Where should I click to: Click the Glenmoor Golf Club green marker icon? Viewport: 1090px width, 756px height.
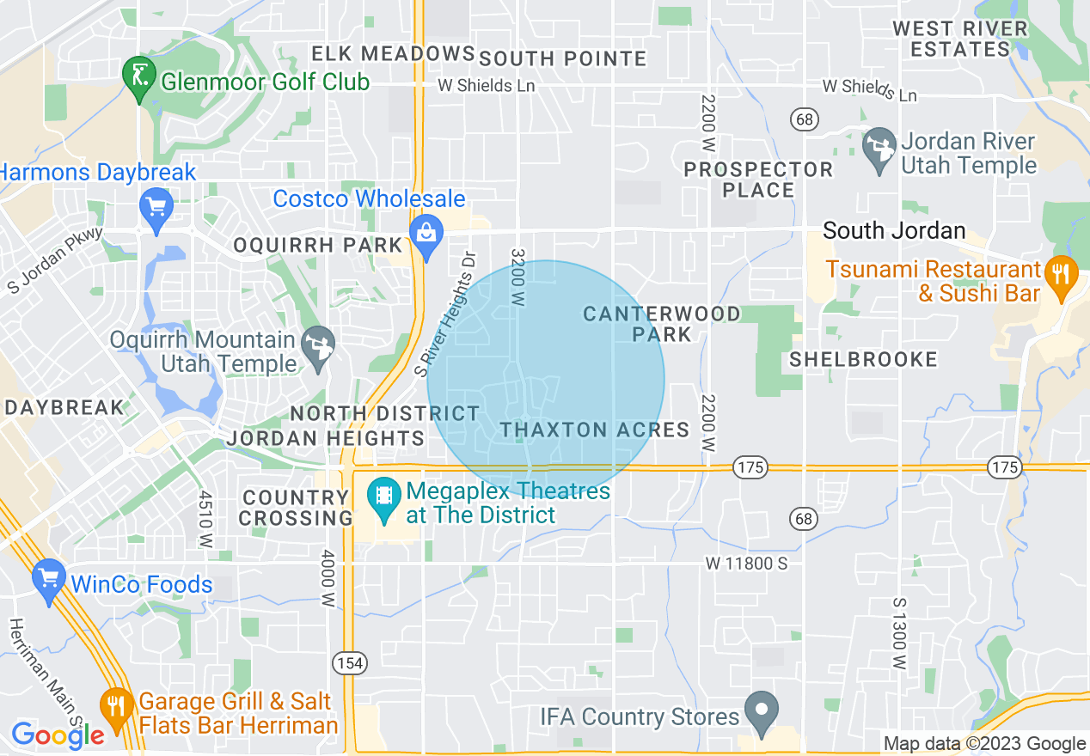(138, 80)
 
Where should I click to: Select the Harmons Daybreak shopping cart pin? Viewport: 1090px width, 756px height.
(156, 210)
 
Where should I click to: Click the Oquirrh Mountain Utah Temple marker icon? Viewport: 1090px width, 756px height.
(319, 349)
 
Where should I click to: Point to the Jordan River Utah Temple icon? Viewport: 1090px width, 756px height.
(879, 151)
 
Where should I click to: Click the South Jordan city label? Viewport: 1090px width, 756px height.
(894, 231)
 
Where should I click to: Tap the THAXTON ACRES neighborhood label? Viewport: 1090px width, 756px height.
(595, 430)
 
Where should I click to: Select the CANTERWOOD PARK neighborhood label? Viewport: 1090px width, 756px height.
(662, 324)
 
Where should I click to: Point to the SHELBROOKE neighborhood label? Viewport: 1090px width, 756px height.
(863, 359)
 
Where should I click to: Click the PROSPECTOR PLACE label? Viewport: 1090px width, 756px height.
(758, 180)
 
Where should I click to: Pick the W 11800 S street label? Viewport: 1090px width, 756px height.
(746, 564)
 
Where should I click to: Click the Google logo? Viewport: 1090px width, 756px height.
(58, 735)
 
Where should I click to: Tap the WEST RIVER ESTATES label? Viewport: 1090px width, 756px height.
(960, 39)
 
